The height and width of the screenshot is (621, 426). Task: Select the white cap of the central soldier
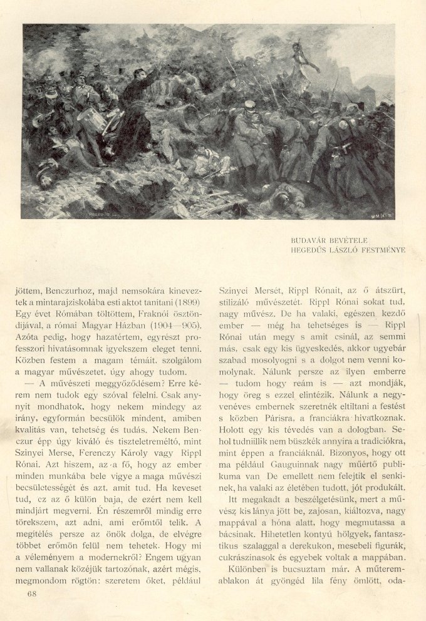[249, 105]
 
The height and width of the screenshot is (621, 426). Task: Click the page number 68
[33, 593]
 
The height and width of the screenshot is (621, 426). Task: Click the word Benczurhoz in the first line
[76, 290]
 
